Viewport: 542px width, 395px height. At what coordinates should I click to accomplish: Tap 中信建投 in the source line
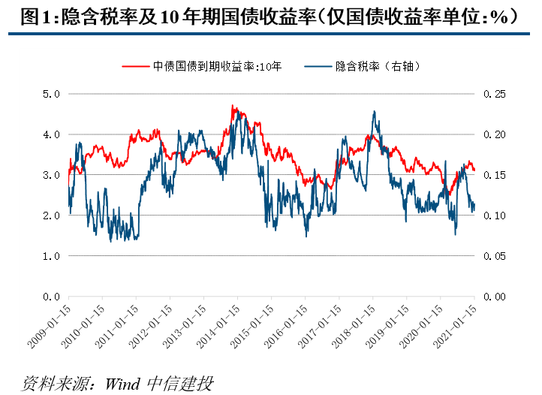(179, 383)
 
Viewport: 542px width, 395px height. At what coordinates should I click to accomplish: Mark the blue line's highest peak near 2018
(374, 112)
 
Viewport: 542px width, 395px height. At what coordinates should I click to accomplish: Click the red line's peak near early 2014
(233, 107)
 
